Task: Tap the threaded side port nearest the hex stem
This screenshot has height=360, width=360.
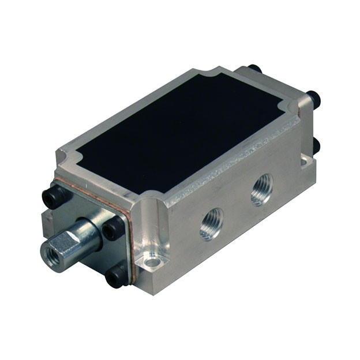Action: (211, 225)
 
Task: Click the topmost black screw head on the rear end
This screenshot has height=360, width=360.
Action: (254, 69)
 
